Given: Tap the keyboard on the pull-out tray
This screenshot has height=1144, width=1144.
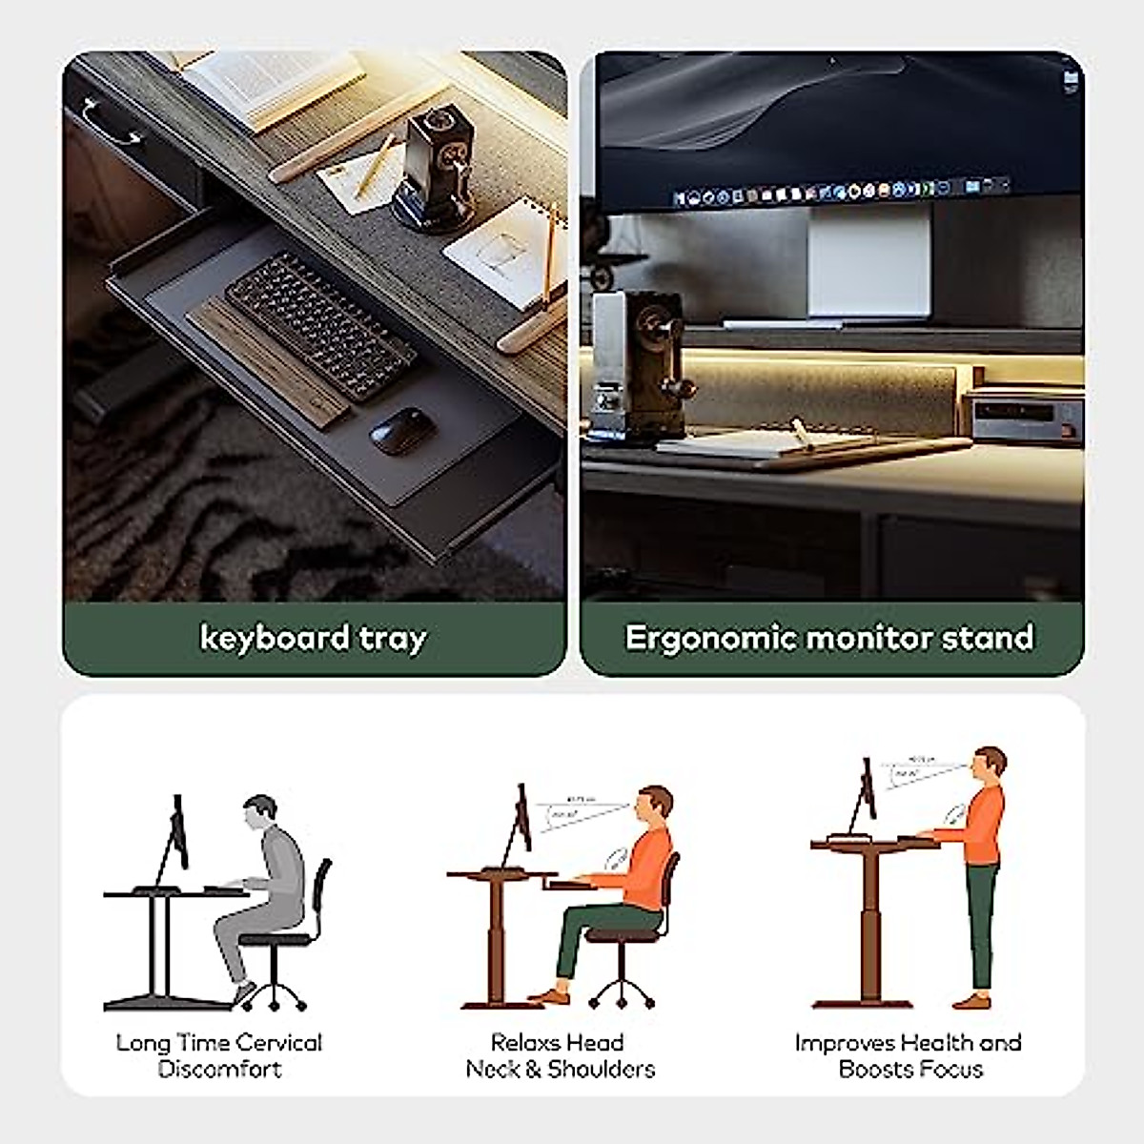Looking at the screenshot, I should click(x=319, y=324).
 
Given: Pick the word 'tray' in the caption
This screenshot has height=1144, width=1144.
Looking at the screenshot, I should click(x=392, y=638).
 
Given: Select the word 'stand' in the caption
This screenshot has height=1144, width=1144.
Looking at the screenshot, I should click(x=989, y=637).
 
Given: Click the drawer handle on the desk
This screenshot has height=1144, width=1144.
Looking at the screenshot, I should click(x=112, y=124).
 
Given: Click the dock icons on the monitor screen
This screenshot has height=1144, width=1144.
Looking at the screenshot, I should click(x=839, y=193).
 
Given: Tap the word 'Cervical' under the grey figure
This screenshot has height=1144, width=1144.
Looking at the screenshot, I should click(x=277, y=1042).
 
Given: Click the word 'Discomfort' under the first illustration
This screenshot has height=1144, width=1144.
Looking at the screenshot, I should click(x=219, y=1069).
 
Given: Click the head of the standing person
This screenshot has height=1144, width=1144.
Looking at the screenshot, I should click(x=992, y=763).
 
